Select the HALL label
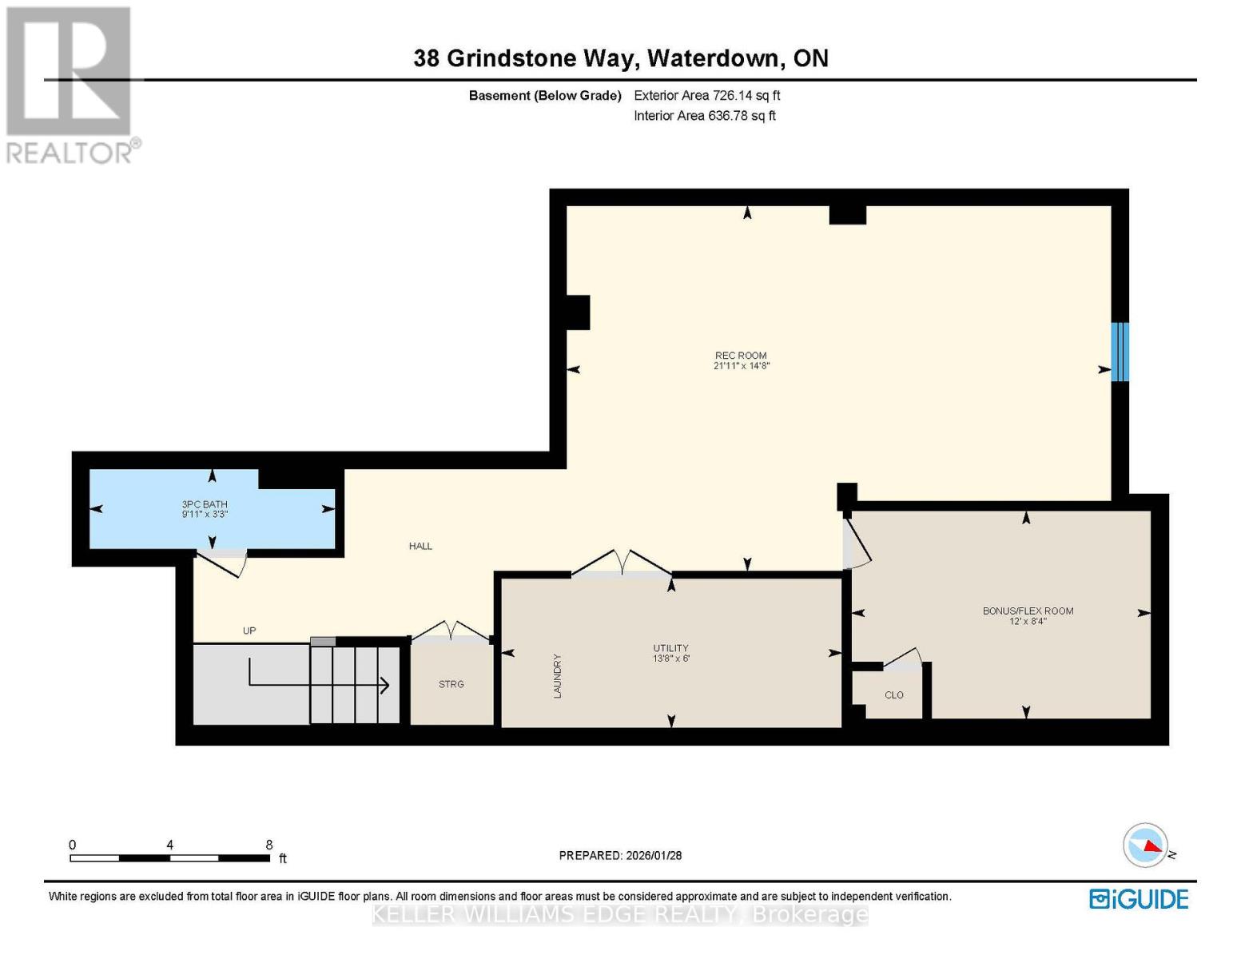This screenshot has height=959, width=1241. [420, 547]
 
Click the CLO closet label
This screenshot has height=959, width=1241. [894, 695]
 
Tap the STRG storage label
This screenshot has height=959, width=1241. [451, 685]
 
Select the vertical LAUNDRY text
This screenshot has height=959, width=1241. [558, 676]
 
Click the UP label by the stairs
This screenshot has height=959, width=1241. [249, 631]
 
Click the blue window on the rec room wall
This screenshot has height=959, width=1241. [1120, 352]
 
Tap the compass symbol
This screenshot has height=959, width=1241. [1146, 846]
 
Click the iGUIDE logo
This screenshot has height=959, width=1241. [1139, 899]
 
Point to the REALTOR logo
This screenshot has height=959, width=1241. [70, 84]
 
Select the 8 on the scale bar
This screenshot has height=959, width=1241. [269, 845]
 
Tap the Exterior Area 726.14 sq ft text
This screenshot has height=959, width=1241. [706, 96]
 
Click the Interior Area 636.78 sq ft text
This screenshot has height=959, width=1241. [705, 116]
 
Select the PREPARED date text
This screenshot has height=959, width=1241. [620, 856]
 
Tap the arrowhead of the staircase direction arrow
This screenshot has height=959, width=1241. [384, 685]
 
